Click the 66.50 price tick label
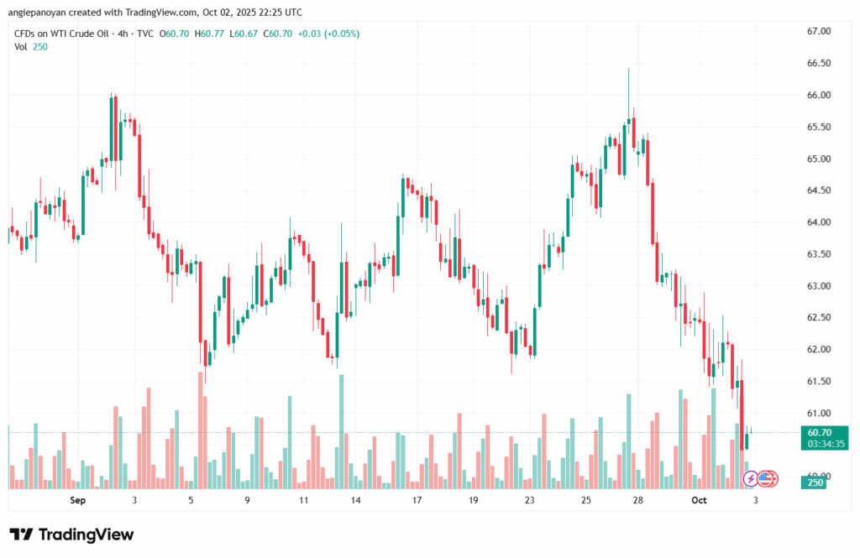pyautogui.click(x=818, y=63)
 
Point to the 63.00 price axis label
pyautogui.click(x=818, y=286)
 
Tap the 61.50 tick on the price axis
pyautogui.click(x=818, y=382)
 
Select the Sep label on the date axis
pyautogui.click(x=78, y=501)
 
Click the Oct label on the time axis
pyautogui.click(x=700, y=501)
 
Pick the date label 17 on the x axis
pyautogui.click(x=417, y=501)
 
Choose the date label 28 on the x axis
pyautogui.click(x=638, y=501)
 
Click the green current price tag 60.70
pyautogui.click(x=818, y=432)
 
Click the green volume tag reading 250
pyautogui.click(x=815, y=482)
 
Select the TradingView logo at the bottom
pyautogui.click(x=71, y=535)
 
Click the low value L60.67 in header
pyautogui.click(x=245, y=34)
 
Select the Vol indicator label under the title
pyautogui.click(x=21, y=47)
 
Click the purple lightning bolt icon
pyautogui.click(x=750, y=479)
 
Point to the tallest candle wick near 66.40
pyautogui.click(x=628, y=84)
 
